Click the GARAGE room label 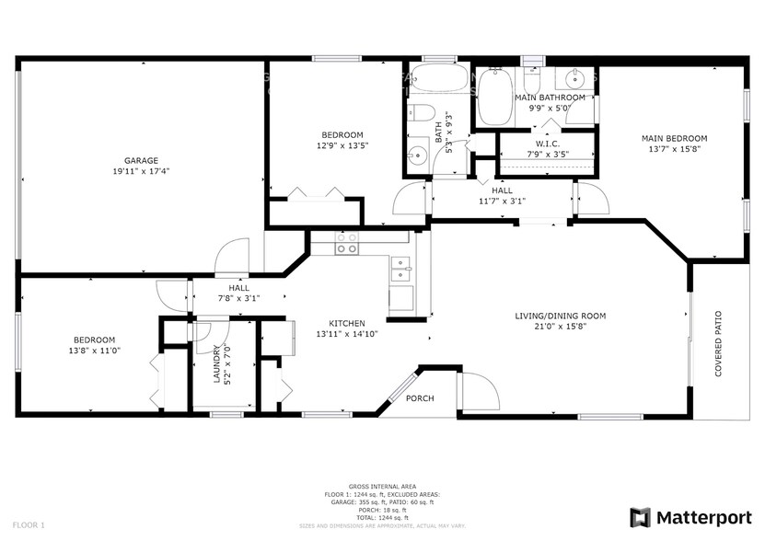(x=142, y=160)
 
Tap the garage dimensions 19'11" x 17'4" (x=142, y=171)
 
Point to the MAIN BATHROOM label (x=550, y=97)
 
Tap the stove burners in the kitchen (x=347, y=243)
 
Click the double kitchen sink (x=401, y=269)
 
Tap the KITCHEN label (x=347, y=323)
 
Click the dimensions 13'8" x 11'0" (x=95, y=350)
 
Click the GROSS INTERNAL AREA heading (x=381, y=486)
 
